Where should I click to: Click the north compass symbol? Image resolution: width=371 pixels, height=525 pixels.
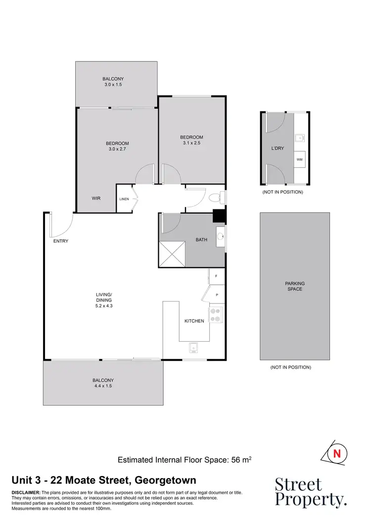pyautogui.click(x=337, y=453)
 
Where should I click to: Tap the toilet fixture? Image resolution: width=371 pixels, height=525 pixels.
pyautogui.click(x=215, y=198)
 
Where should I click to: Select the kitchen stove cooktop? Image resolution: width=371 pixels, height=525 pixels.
pyautogui.click(x=216, y=315)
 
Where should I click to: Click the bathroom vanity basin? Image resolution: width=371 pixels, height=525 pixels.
pyautogui.click(x=221, y=236)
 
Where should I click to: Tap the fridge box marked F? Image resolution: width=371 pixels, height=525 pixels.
pyautogui.click(x=216, y=276)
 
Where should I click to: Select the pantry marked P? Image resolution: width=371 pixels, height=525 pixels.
pyautogui.click(x=217, y=295)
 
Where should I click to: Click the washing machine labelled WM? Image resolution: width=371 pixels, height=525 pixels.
pyautogui.click(x=299, y=159)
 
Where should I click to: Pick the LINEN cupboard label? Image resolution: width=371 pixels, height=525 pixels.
pyautogui.click(x=124, y=199)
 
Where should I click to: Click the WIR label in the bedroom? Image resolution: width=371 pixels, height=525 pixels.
pyautogui.click(x=96, y=198)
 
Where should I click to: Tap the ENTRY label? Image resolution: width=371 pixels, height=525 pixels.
pyautogui.click(x=60, y=241)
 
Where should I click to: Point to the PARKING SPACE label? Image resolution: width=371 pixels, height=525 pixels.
pyautogui.click(x=294, y=286)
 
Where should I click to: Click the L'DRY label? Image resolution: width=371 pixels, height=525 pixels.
pyautogui.click(x=278, y=148)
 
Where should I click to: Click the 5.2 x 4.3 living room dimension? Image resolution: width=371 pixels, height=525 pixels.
pyautogui.click(x=104, y=306)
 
